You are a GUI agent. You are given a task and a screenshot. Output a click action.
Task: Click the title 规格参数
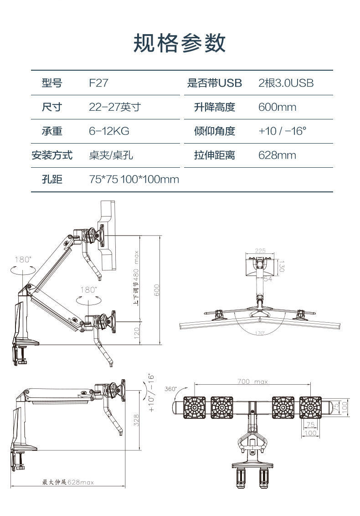(x=180, y=43)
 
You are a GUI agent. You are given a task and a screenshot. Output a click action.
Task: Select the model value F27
(x=98, y=83)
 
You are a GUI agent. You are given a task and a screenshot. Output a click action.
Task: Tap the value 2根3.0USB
(x=286, y=83)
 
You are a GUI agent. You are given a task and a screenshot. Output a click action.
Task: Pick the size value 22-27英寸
(x=115, y=107)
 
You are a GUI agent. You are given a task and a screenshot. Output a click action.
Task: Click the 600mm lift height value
(x=277, y=107)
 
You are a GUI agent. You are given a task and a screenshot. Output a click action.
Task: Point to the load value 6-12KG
(x=109, y=131)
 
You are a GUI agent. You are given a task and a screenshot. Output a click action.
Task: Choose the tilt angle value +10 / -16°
(x=282, y=131)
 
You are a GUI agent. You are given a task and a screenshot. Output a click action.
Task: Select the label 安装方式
(x=51, y=155)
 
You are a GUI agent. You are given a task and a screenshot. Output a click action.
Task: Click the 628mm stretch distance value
(x=277, y=155)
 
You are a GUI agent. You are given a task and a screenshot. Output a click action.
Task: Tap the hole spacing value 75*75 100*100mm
(x=134, y=180)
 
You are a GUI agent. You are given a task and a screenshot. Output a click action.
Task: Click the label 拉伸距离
(x=214, y=155)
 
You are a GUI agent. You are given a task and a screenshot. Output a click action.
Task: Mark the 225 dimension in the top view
(x=260, y=251)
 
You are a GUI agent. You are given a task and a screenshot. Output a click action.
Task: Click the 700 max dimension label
(x=252, y=382)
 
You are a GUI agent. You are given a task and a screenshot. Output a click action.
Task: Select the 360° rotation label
(x=170, y=389)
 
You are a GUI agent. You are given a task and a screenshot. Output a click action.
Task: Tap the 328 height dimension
(x=136, y=419)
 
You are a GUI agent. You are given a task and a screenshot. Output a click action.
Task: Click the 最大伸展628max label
(x=68, y=482)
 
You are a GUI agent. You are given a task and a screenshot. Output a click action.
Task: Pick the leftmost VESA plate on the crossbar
(x=194, y=407)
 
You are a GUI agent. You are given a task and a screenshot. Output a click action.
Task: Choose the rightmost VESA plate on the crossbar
(x=311, y=407)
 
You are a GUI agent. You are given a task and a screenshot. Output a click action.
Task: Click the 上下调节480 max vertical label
(x=136, y=278)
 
